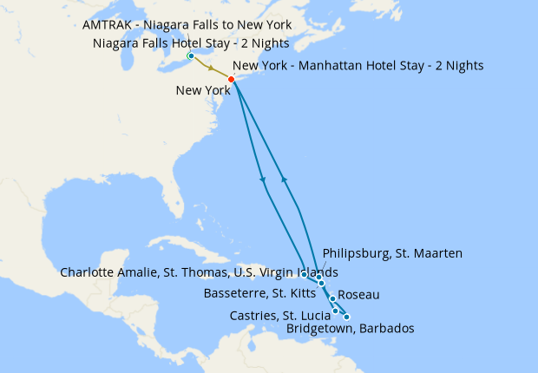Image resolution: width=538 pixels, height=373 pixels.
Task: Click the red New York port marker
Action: click(231, 80)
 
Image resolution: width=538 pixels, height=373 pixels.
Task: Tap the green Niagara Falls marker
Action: click(191, 56)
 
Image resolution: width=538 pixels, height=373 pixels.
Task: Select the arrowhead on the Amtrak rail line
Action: click(211, 68)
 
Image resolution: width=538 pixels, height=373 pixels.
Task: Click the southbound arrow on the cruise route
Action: click(263, 180)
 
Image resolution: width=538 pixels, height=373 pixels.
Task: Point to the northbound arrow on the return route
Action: click(284, 179)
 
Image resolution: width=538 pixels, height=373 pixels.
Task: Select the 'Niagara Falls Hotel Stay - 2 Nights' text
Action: click(190, 43)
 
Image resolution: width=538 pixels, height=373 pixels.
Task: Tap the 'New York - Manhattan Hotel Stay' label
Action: click(358, 65)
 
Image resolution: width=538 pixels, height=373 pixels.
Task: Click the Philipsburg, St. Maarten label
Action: click(392, 253)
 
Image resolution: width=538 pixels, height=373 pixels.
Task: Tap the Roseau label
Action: click(358, 295)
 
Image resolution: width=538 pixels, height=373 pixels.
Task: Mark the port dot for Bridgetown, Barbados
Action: click(346, 317)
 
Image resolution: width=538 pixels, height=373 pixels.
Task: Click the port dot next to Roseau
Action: click(332, 299)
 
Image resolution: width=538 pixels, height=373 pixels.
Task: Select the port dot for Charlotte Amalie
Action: click(304, 273)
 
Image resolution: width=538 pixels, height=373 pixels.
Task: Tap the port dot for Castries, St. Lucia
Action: click(336, 311)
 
